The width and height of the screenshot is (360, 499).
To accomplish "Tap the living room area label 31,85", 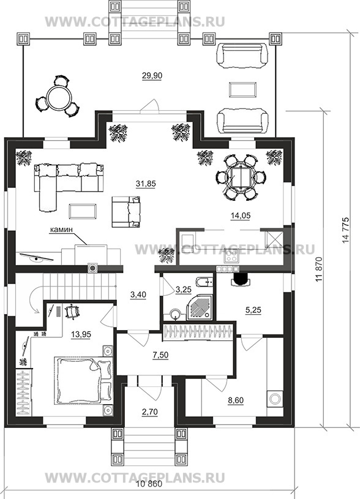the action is click(146, 184).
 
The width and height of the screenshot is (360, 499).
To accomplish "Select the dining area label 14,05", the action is click(241, 216).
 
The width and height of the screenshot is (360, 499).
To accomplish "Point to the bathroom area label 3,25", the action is click(183, 289).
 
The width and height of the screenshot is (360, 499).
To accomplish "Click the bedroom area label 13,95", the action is click(81, 334).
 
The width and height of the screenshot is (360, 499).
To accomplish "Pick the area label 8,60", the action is click(236, 400).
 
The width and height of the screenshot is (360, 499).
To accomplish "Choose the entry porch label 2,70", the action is click(149, 412).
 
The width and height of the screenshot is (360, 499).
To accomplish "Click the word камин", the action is click(61, 229).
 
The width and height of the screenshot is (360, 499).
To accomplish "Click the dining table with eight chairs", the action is click(241, 178).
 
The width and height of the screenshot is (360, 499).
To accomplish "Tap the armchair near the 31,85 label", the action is click(126, 212).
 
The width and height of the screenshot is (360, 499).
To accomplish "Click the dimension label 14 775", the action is click(346, 230).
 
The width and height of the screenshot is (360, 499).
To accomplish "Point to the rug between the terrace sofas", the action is click(242, 89).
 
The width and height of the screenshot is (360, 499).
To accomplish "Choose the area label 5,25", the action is click(253, 310).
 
